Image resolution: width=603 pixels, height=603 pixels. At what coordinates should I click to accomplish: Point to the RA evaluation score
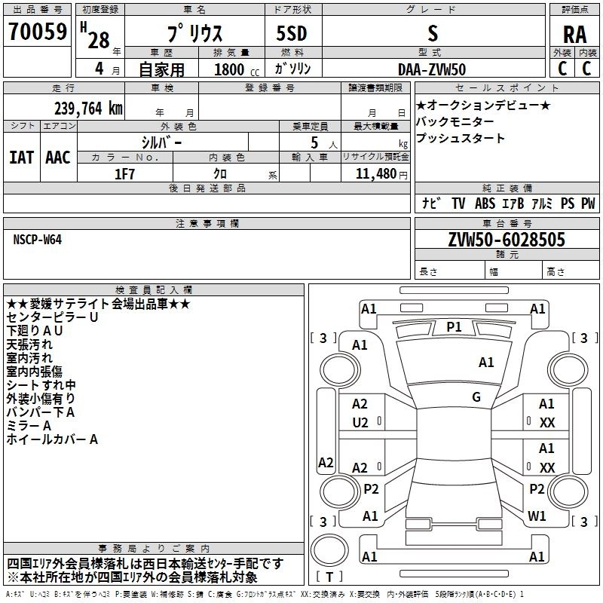tap(574, 35)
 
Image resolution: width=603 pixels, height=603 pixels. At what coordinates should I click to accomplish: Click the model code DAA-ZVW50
tap(433, 69)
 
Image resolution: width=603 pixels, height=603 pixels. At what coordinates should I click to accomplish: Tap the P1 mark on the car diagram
tap(454, 326)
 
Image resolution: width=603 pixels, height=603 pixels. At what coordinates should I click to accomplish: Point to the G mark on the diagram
tap(476, 396)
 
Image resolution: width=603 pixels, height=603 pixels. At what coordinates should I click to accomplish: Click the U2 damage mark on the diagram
tap(360, 423)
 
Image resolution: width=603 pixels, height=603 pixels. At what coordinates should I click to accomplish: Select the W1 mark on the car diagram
tap(537, 516)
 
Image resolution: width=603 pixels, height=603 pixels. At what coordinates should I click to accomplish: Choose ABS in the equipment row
tap(485, 204)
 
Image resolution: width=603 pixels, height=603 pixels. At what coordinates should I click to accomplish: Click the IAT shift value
tap(20, 157)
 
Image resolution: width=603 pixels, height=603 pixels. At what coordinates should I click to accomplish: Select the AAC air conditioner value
tap(57, 157)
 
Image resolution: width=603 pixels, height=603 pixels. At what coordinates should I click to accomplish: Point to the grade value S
tap(433, 34)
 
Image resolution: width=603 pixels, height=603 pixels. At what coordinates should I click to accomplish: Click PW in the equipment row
tap(588, 204)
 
